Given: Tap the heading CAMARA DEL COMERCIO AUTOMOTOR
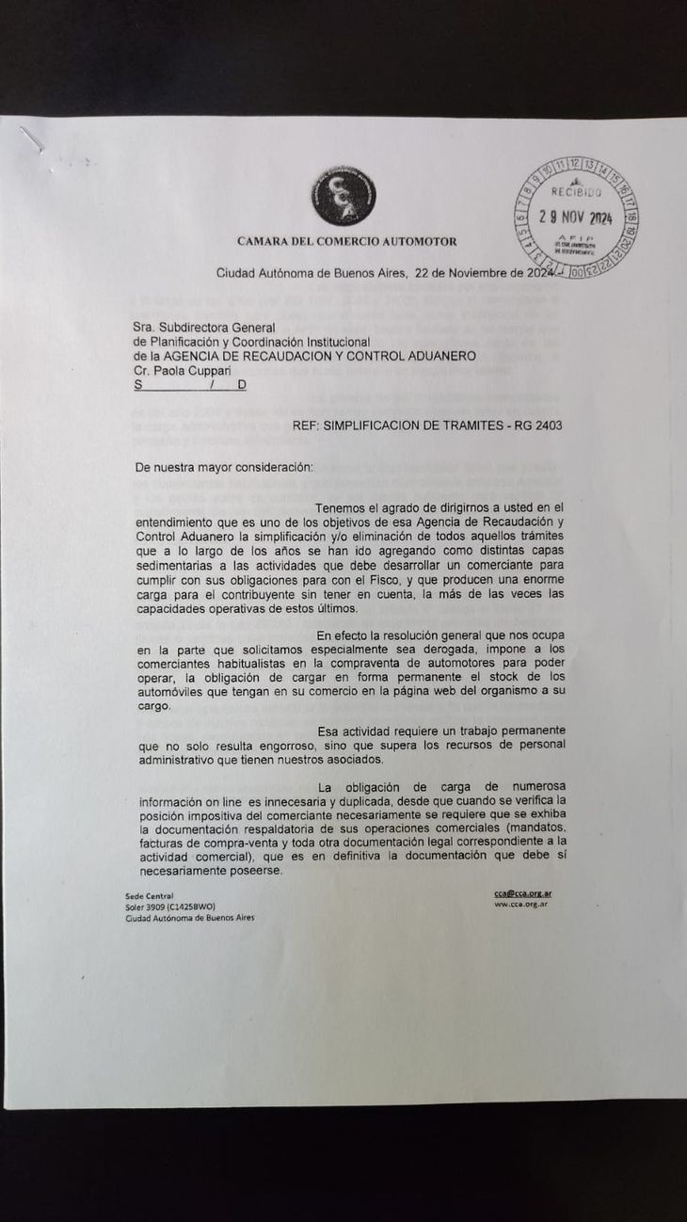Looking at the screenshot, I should pyautogui.click(x=346, y=241).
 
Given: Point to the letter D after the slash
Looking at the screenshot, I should pyautogui.click(x=242, y=384).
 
